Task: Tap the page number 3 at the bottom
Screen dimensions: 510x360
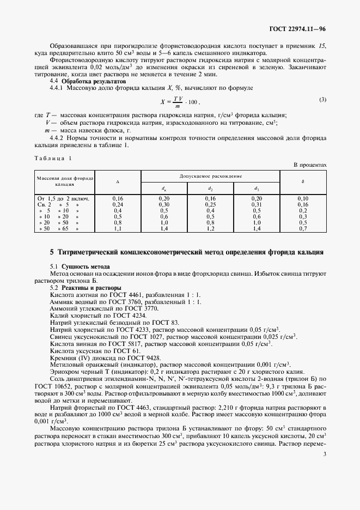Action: coord(324,453)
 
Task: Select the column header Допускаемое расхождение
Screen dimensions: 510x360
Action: coord(210,177)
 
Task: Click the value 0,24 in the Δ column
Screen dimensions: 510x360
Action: coord(118,204)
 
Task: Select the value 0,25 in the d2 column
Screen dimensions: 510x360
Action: coord(211,204)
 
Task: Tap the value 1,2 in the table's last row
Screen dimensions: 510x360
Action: coord(211,228)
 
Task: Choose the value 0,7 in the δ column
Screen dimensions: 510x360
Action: coord(303,228)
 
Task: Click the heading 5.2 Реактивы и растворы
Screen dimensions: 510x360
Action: coord(86,287)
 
